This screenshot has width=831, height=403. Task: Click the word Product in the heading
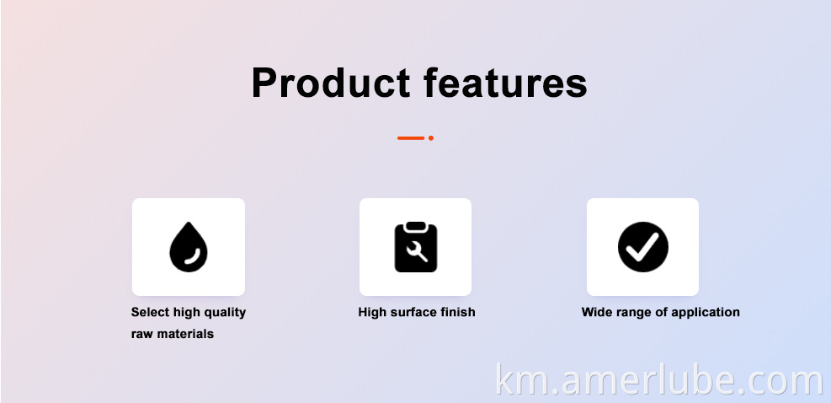click(331, 83)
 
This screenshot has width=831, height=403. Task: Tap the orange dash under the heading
click(411, 138)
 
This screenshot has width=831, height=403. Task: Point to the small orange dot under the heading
click(431, 138)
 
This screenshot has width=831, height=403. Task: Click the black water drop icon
click(188, 247)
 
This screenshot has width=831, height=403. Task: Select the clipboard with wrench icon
click(416, 247)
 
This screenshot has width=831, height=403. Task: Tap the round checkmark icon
click(643, 247)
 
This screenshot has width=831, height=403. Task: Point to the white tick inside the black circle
click(642, 247)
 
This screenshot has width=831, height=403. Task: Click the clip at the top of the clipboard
click(416, 226)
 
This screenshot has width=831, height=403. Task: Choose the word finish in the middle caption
click(458, 312)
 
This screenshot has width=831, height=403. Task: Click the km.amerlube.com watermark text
click(659, 380)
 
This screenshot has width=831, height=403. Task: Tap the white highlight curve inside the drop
click(192, 256)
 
